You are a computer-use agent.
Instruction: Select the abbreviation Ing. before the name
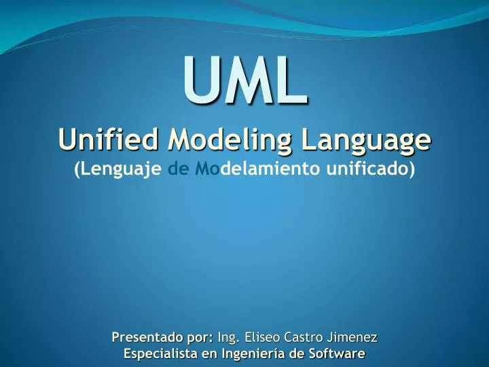tap(229, 338)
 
